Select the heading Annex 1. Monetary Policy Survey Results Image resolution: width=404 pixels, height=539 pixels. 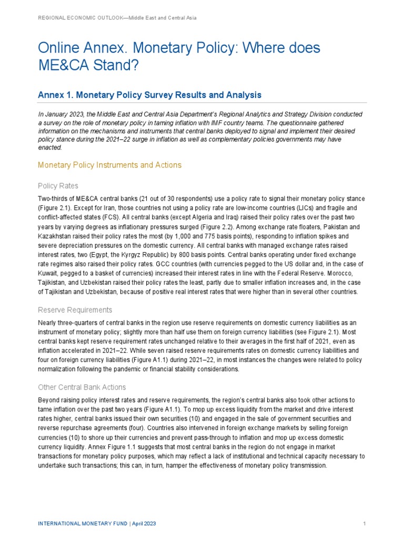[149, 95]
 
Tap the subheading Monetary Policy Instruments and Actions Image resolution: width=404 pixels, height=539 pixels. [109, 165]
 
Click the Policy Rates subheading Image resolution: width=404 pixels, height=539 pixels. [58, 186]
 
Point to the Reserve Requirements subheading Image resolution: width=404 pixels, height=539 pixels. [75, 310]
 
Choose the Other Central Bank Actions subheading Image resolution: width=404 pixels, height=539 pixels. [82, 387]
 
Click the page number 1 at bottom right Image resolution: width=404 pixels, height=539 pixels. [364, 524]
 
